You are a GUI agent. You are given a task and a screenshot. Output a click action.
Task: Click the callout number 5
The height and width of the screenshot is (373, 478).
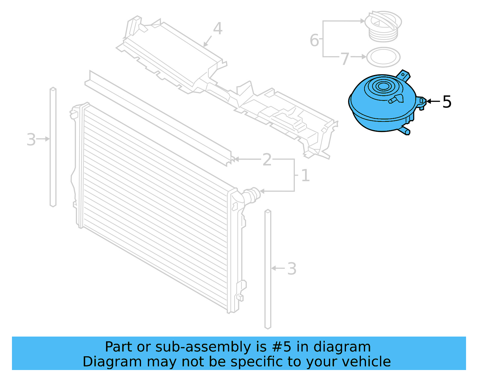447,102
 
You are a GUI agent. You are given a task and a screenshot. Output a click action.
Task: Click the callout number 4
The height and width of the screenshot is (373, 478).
218,29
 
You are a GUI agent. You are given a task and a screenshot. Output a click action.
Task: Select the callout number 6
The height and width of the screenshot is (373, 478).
314,40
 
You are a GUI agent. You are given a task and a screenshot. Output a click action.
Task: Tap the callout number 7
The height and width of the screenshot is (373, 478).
345,59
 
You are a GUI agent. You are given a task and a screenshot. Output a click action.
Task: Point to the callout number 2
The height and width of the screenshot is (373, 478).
267,160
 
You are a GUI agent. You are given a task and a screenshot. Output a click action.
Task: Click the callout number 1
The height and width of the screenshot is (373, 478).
305,175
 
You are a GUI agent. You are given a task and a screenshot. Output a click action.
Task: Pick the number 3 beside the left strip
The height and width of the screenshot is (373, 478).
31,140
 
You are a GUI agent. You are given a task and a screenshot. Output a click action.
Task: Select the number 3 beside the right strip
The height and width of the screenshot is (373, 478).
292,269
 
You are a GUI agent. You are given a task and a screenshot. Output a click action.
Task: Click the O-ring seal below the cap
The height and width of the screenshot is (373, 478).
383,57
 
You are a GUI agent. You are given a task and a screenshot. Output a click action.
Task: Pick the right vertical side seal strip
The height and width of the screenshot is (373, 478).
268,269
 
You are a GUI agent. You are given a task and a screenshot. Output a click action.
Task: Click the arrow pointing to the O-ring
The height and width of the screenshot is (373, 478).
358,57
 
